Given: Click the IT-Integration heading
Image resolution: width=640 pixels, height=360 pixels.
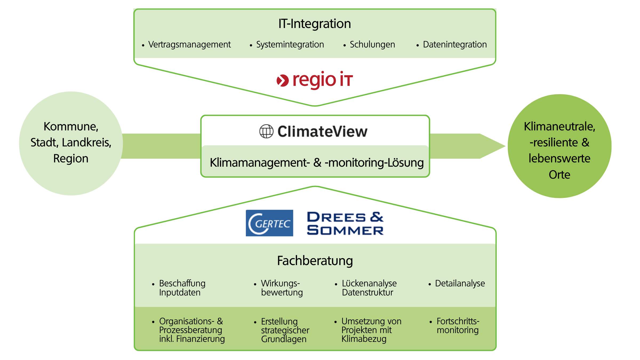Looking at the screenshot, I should [315, 24].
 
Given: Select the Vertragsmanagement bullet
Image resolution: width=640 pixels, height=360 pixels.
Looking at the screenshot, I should [189, 45].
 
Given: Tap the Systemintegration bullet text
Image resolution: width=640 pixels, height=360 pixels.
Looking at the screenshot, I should [290, 45].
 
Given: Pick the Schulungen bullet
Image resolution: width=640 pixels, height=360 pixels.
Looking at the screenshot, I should [372, 45].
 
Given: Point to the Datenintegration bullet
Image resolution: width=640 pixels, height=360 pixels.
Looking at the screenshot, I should [455, 45].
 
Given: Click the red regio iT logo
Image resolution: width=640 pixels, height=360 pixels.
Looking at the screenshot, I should [315, 80].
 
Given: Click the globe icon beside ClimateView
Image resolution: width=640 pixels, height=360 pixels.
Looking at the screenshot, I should [266, 131].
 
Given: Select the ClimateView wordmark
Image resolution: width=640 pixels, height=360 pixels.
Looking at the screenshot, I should [322, 131].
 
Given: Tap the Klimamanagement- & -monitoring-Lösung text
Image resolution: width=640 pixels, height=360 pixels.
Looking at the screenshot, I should [317, 163].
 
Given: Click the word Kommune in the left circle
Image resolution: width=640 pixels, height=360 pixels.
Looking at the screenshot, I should [71, 126].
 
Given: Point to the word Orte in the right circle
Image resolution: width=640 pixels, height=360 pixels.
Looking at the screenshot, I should [559, 175].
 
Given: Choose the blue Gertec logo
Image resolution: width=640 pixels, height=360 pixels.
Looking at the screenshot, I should [269, 223].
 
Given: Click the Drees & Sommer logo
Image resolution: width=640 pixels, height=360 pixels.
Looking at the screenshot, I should [345, 223].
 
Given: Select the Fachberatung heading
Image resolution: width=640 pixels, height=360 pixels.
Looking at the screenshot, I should [315, 261].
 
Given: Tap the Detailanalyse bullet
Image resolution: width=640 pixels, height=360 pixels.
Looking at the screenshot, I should [460, 283].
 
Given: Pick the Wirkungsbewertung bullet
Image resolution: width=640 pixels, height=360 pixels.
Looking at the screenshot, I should [282, 288].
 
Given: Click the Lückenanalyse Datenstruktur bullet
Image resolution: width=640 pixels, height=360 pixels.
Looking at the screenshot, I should [369, 288].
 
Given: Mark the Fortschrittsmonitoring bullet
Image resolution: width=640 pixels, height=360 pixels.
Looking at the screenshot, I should [458, 326].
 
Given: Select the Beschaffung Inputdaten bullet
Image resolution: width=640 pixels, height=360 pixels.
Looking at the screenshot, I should [182, 288].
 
